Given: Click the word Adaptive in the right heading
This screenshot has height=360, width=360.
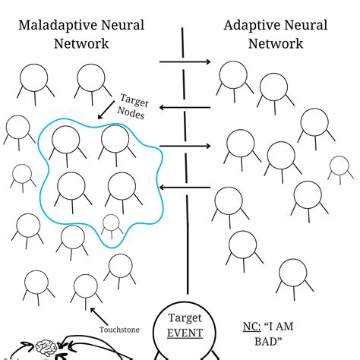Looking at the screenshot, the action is pyautogui.click(x=252, y=26).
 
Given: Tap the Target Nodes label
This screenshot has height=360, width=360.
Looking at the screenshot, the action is pyautogui.click(x=132, y=106).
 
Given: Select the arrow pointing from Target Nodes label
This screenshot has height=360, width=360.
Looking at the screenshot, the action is pyautogui.click(x=106, y=110).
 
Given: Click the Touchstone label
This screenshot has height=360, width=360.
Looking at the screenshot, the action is pyautogui.click(x=119, y=330).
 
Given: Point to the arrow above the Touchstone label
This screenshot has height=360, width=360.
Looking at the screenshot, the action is pyautogui.click(x=99, y=316).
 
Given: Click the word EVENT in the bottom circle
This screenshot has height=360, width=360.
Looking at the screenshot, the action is pyautogui.click(x=185, y=333).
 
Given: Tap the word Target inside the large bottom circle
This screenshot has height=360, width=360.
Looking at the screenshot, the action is pyautogui.click(x=185, y=318).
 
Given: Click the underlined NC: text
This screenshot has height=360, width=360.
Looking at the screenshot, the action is pyautogui.click(x=251, y=327).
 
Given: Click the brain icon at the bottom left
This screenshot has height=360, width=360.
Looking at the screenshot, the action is pyautogui.click(x=46, y=347).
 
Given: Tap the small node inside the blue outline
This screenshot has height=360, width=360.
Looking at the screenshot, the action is pyautogui.click(x=111, y=225).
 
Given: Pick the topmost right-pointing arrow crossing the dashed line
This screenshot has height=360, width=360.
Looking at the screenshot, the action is pyautogui.click(x=185, y=62).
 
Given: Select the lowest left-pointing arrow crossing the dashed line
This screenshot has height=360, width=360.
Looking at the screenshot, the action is pyautogui.click(x=185, y=188).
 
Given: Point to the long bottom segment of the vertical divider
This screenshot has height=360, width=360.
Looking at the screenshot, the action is pyautogui.click(x=188, y=245).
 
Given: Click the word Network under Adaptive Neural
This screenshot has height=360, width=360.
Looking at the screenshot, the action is pyautogui.click(x=276, y=43).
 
